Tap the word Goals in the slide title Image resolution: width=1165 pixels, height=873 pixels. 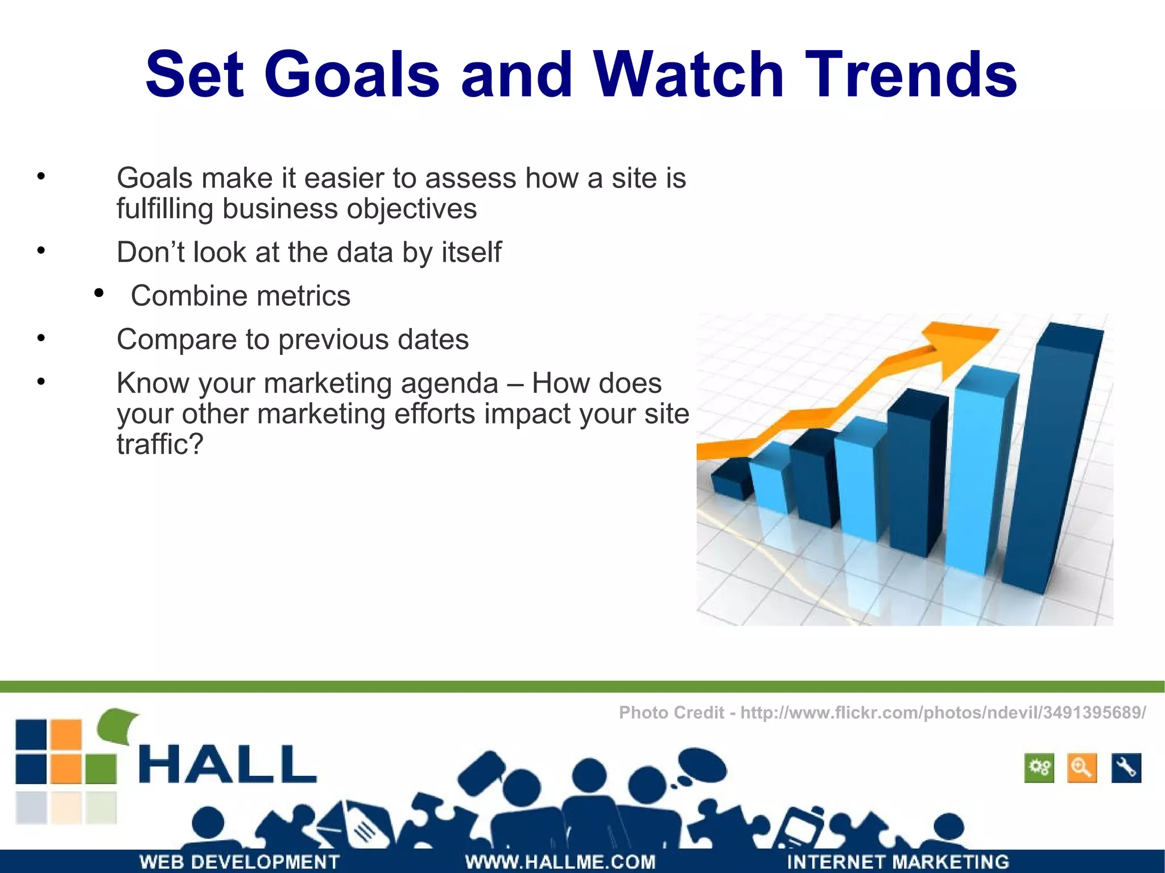coord(352,75)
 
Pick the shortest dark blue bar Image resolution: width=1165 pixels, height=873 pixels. coord(731,481)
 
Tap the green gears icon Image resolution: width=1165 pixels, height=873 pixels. coord(1039,768)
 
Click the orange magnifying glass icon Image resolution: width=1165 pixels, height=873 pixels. coord(1081,768)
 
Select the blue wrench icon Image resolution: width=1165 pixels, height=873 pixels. coord(1126,768)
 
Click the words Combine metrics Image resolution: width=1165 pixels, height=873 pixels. coord(241,296)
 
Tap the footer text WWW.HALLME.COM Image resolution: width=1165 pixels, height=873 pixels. coord(560,862)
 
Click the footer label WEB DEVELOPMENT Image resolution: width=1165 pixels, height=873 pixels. coord(239,862)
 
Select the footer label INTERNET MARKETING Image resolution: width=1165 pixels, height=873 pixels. coord(898,862)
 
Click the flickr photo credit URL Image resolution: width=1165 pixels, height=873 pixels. coord(943,712)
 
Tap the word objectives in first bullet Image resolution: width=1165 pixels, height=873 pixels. coord(412,209)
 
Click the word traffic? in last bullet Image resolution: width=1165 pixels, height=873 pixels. coord(160,444)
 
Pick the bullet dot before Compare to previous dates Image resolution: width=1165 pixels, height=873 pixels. coord(41,338)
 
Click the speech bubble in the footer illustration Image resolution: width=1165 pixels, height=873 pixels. coord(703,765)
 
